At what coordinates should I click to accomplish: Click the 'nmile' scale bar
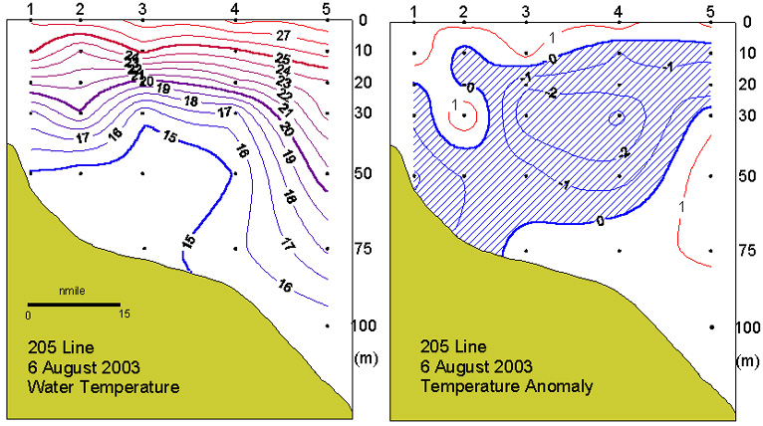point(74,303)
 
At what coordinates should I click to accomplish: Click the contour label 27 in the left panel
point(283,36)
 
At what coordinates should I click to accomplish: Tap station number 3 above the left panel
point(142,10)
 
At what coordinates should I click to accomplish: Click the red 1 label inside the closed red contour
point(455,105)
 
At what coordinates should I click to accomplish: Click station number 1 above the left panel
point(32,10)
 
